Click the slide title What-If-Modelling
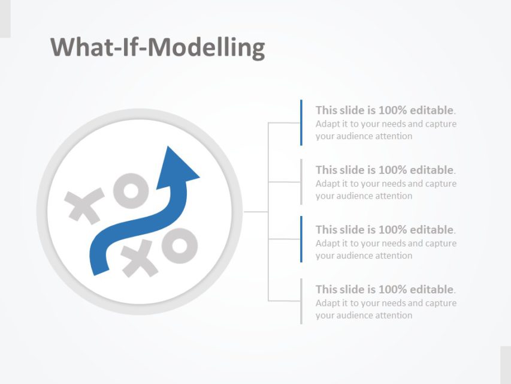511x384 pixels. pyautogui.click(x=158, y=47)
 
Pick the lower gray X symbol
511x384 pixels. pyautogui.click(x=140, y=258)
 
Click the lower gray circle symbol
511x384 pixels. pyautogui.click(x=179, y=245)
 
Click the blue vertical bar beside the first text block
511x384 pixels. pyautogui.click(x=301, y=122)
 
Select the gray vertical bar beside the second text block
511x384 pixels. pyautogui.click(x=301, y=182)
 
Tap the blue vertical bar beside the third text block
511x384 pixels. pyautogui.click(x=301, y=239)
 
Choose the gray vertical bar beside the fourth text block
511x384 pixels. pyautogui.click(x=301, y=301)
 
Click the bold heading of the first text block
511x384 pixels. pyautogui.click(x=385, y=110)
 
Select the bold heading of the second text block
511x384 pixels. pyautogui.click(x=385, y=170)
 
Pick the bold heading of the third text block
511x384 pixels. pyautogui.click(x=385, y=229)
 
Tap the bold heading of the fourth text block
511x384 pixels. pyautogui.click(x=385, y=289)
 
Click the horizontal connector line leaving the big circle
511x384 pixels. pyautogui.click(x=256, y=212)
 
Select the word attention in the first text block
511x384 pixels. pyautogui.click(x=392, y=136)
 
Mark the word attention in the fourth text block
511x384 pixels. pyautogui.click(x=392, y=316)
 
